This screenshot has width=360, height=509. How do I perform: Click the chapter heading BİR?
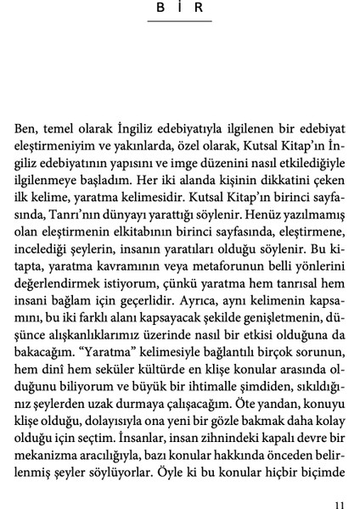[179, 8]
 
